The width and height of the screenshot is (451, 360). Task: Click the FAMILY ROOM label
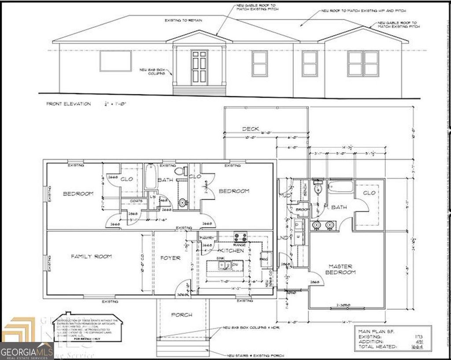point(92,256)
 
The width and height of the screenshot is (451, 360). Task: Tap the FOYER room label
point(170,258)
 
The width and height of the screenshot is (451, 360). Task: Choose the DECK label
point(251,129)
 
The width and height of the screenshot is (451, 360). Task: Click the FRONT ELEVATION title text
point(69,104)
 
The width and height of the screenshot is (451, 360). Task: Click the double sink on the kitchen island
point(225,265)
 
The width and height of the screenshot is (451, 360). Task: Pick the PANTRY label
point(207,238)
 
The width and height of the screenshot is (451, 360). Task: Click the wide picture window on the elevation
point(115,61)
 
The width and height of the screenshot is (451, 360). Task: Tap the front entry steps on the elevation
point(199,90)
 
